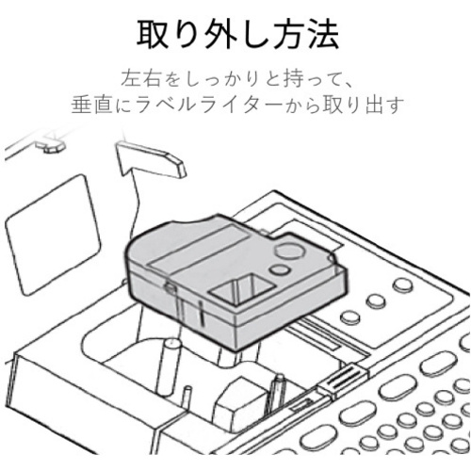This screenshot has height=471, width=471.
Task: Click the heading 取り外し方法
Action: [237, 34]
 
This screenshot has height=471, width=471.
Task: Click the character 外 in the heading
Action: [220, 34]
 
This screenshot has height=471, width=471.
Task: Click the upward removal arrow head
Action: [150, 158]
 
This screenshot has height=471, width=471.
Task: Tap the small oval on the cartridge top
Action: [279, 270]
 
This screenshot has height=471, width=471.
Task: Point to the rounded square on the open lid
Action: [52, 235]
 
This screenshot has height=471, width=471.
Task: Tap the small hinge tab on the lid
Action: [50, 146]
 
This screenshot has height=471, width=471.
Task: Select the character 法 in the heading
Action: [323, 34]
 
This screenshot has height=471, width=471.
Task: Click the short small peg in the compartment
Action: [187, 398]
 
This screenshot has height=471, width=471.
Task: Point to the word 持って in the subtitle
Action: [310, 78]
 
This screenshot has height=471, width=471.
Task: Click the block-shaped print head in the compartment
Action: [243, 400]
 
